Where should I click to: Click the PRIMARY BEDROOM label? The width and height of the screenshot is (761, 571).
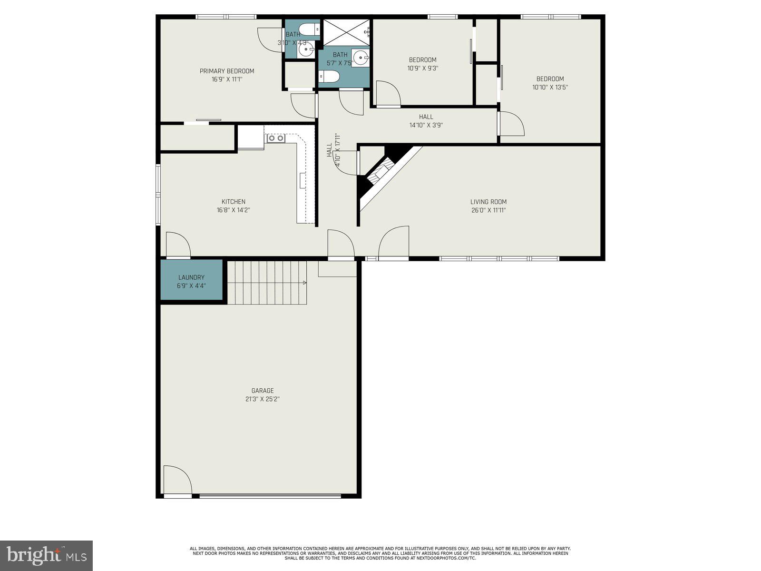[227, 71]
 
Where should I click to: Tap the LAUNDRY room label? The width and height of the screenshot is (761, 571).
[191, 277]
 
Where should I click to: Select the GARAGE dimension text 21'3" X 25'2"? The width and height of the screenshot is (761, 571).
[262, 399]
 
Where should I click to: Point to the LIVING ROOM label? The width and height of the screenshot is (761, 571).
[488, 202]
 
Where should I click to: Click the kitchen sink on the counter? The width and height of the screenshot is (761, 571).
[275, 138]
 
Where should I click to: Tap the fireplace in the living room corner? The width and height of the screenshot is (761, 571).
[380, 171]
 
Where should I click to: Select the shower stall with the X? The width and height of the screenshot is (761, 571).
[346, 32]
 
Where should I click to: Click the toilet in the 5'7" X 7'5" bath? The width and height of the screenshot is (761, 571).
[328, 77]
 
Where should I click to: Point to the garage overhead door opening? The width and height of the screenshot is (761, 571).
[270, 496]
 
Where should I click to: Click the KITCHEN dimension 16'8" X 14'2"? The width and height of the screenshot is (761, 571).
[234, 210]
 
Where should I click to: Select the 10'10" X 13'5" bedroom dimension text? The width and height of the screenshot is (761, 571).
[550, 87]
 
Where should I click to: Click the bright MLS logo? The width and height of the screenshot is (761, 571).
[46, 555]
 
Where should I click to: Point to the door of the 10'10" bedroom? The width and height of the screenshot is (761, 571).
[511, 124]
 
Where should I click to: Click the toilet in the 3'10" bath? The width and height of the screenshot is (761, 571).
[311, 30]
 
